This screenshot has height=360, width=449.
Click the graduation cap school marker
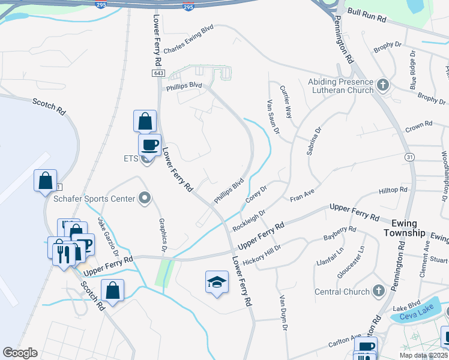click(x=217, y=282)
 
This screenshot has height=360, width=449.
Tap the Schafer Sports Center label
click(x=93, y=198)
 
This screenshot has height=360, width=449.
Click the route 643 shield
click(x=158, y=73)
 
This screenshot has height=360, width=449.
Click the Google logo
click(x=20, y=353)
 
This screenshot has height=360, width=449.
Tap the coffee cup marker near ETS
click(x=149, y=144)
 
